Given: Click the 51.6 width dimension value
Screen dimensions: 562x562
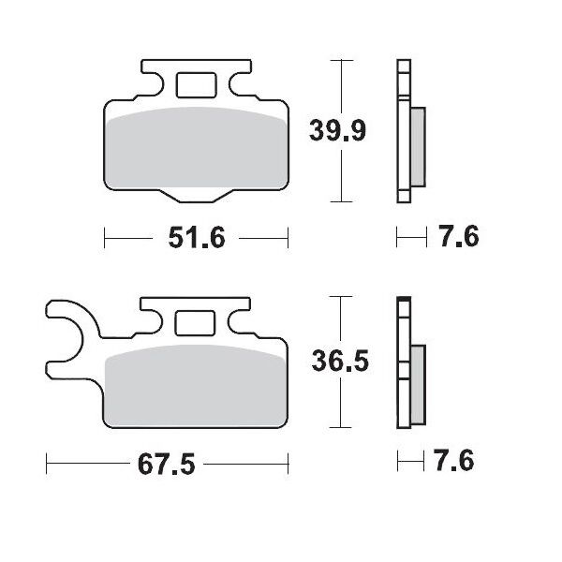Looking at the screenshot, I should tap(198, 239).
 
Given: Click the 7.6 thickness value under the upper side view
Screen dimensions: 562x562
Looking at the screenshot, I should tap(458, 238).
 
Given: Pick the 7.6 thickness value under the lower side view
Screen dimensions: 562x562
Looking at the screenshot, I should tap(453, 462).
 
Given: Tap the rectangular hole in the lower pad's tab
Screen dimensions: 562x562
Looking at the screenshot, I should tap(195, 321).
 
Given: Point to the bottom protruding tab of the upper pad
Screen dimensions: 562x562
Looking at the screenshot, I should tap(196, 195).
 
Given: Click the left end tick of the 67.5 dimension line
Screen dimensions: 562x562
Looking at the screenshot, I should tap(46, 463).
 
